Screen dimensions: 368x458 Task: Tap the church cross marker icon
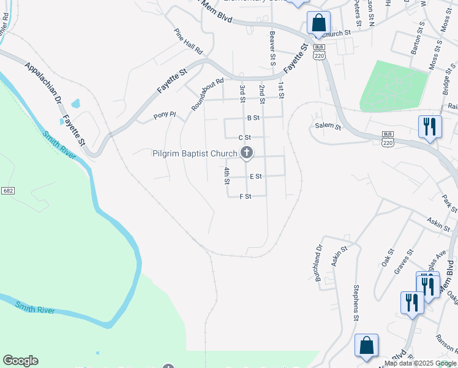point(247,153)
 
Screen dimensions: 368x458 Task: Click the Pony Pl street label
point(165,115)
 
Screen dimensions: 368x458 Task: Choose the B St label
point(253,118)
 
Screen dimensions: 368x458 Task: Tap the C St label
point(245,137)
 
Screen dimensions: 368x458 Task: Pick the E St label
point(256,176)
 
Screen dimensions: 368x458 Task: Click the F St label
point(246,196)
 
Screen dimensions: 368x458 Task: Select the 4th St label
point(227,176)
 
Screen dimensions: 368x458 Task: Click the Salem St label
point(328,126)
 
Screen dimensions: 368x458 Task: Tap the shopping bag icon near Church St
point(318,23)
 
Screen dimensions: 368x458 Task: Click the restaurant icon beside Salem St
point(429,127)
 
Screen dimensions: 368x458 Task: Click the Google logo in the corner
point(20,361)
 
